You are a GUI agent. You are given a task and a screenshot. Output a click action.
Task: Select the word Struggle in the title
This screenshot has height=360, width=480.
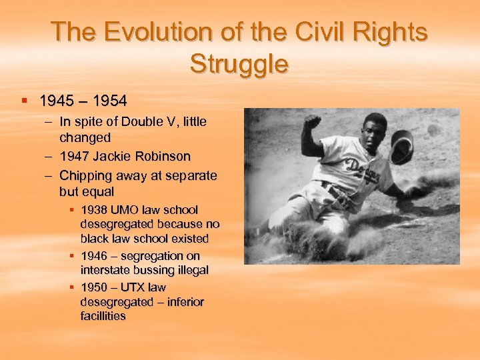click(x=239, y=65)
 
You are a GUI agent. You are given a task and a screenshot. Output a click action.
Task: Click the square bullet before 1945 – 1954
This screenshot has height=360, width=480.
click(x=24, y=101)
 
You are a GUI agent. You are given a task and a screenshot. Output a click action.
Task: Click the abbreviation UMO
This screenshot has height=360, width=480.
click(x=127, y=210)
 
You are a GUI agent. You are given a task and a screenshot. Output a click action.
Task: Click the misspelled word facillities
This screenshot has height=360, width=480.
click(x=103, y=316)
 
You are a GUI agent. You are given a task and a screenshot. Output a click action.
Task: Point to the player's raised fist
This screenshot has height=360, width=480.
click(x=311, y=123)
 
